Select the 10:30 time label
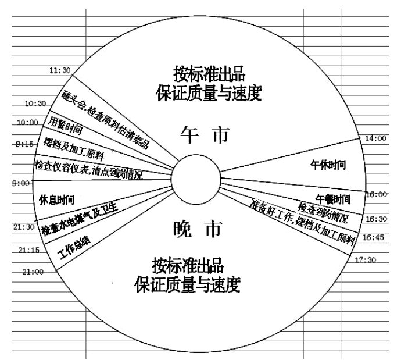(x=35, y=103)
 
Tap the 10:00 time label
(x=27, y=123)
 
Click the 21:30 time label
(x=23, y=227)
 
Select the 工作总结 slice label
(x=74, y=247)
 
